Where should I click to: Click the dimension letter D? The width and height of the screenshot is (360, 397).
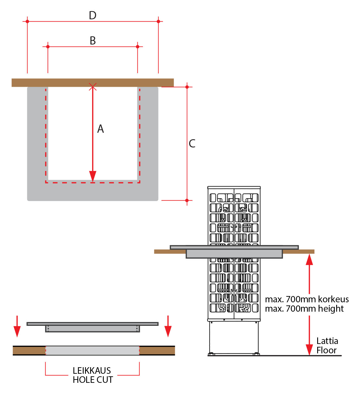click(93, 15)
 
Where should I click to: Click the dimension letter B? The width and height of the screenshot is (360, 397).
click(93, 41)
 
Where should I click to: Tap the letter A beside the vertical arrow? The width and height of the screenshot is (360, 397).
click(101, 129)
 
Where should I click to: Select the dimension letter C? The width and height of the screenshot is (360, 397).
click(192, 143)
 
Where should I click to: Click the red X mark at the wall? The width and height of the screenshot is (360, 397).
click(93, 87)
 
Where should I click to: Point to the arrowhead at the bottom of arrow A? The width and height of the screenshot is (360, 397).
click(93, 176)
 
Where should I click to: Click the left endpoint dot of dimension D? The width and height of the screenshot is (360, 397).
click(27, 22)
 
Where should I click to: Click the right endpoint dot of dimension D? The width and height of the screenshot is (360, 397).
click(158, 22)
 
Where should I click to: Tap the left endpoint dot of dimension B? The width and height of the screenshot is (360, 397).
click(48, 47)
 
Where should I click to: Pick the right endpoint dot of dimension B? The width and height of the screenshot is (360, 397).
click(138, 47)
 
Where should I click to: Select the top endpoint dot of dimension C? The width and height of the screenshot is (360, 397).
click(187, 87)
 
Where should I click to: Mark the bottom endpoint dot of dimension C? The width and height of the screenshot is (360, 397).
click(187, 200)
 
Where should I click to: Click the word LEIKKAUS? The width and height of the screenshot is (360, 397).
click(92, 371)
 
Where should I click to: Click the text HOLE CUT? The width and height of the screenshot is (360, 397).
click(93, 380)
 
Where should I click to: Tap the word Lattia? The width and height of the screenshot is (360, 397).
click(327, 341)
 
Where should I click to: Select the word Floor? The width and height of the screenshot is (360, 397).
click(326, 350)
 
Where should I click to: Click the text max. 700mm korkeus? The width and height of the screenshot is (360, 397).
click(307, 299)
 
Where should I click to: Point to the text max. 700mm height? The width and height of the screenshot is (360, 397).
click(304, 309)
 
